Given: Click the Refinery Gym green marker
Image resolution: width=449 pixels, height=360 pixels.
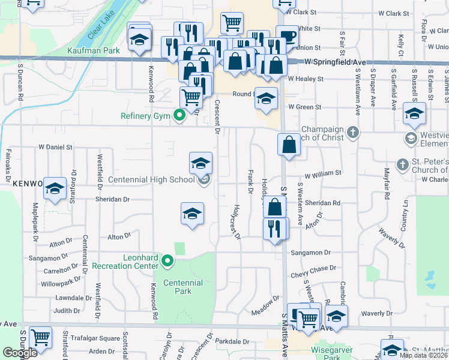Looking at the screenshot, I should click(178, 116).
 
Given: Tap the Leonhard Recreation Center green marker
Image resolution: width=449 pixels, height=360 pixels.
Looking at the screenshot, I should click(167, 261).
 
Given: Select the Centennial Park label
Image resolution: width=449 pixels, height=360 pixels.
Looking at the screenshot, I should click(183, 287).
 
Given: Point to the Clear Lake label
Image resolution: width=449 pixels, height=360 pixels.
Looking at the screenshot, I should click(99, 28).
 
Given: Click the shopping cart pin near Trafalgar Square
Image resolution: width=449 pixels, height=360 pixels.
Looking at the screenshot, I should click(40, 338).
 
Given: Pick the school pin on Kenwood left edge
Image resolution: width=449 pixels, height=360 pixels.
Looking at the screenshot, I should click(55, 188).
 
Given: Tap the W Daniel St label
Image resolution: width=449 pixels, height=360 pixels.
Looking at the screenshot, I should click(55, 146).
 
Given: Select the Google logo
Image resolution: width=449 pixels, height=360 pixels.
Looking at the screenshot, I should click(20, 353).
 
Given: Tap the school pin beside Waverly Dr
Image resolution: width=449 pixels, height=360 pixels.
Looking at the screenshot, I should click(336, 316).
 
